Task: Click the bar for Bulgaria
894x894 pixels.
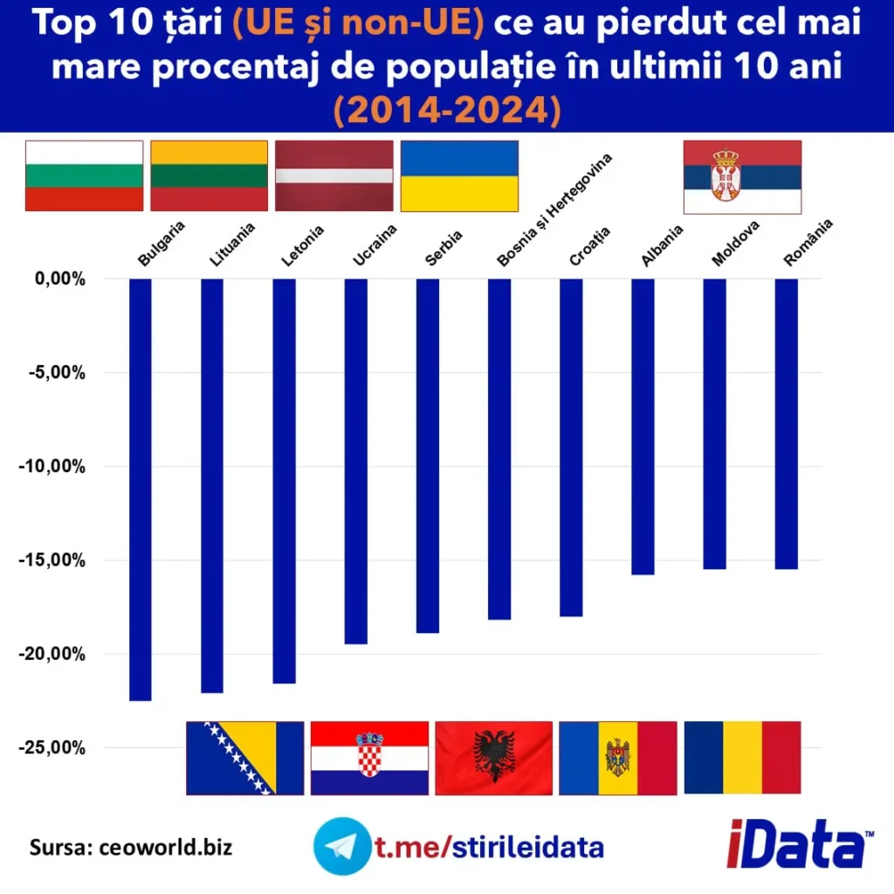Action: pos(140,489)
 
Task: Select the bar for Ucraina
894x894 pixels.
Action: pos(355,461)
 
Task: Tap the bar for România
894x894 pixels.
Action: pos(786,423)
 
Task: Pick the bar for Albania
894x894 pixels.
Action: pos(643,426)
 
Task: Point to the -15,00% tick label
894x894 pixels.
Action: pos(52,560)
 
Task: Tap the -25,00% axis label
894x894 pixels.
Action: pos(52,747)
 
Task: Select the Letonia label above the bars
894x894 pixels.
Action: pos(303,245)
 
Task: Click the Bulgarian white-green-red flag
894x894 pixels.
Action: pos(84,175)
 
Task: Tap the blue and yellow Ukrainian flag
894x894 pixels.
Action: pos(459,175)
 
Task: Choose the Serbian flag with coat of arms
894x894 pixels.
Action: pos(742,177)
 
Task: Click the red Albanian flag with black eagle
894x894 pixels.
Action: pos(493,758)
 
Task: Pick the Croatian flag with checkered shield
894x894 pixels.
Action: pos(369,758)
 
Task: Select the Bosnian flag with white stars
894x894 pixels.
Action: pos(244,758)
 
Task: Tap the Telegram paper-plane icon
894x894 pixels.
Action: pos(340,845)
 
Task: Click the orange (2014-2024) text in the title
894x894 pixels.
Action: pos(446,111)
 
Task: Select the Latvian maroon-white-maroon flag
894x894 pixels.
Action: pos(334,175)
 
